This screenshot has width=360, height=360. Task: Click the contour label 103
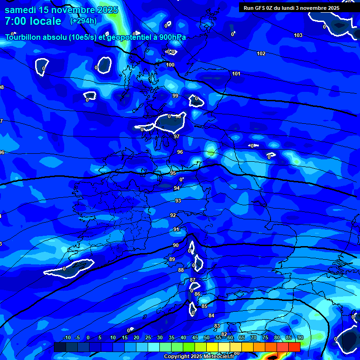298,36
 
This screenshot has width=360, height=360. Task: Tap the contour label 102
261,54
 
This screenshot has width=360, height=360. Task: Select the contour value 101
236,74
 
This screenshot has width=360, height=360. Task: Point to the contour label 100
170,65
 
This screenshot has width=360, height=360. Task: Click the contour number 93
178,201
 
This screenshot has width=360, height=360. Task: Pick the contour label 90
176,245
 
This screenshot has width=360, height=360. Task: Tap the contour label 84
211,315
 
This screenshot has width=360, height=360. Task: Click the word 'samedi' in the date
22,10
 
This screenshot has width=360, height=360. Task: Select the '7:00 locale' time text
33,21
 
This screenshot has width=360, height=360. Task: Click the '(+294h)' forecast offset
83,21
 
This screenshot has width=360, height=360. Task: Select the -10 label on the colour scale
67,338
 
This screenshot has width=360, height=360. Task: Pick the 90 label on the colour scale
300,338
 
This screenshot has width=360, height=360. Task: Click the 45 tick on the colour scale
195,338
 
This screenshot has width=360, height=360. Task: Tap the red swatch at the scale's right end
294,347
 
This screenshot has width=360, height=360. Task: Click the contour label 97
177,136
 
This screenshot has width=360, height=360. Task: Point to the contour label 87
193,280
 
